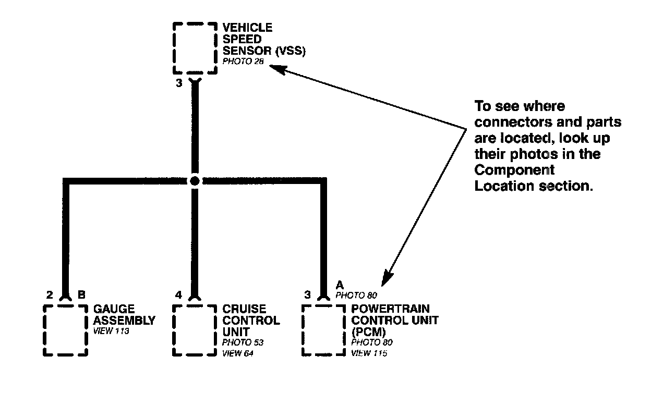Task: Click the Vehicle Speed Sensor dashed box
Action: (x=195, y=48)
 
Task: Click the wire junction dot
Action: (x=195, y=181)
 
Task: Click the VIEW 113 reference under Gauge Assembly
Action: (x=111, y=331)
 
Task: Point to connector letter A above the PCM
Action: (x=340, y=285)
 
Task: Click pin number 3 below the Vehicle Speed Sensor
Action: (x=178, y=83)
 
